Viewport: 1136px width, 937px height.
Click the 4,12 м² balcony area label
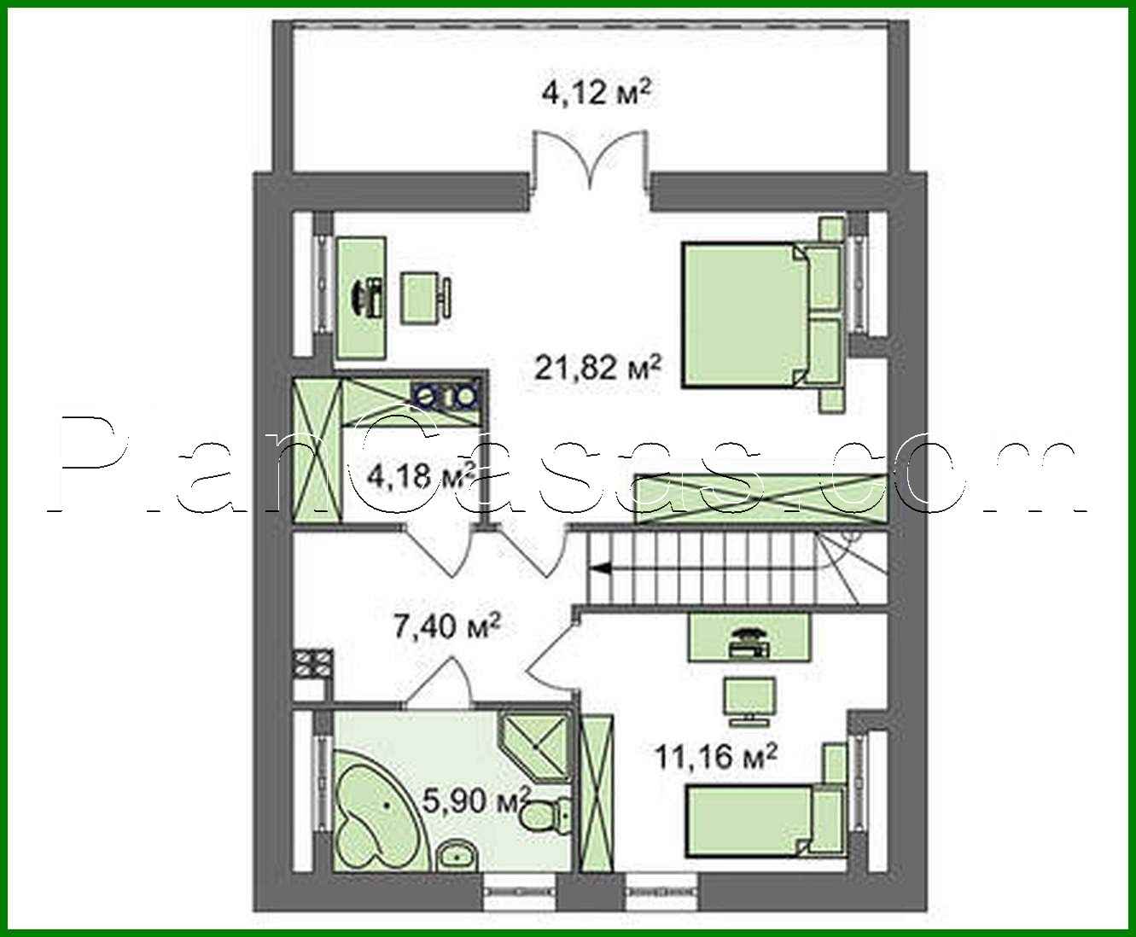(x=597, y=93)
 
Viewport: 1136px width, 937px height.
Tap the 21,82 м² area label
(x=597, y=367)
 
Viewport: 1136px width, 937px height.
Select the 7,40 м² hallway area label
(x=446, y=626)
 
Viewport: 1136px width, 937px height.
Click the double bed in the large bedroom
(x=762, y=316)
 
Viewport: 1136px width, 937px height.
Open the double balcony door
(x=590, y=169)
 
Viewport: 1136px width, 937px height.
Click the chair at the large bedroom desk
(x=427, y=298)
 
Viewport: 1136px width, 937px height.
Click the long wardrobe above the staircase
(x=761, y=499)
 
